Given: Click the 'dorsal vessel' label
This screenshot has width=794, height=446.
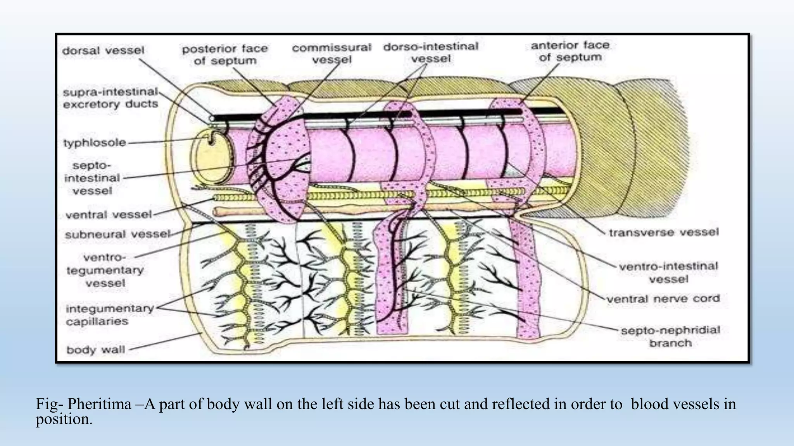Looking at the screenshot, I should pos(103,51).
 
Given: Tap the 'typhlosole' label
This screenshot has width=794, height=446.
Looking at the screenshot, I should pos(95,143).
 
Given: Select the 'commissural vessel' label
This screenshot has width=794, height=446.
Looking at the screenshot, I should pos(331,53).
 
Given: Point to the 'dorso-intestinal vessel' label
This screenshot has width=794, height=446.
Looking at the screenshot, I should pos(431,53).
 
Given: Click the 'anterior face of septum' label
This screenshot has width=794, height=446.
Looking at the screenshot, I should pos(570,51).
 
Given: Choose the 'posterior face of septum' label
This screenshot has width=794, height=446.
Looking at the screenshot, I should pos(225,55).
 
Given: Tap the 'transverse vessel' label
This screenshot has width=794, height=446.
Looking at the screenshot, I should pos(663,233).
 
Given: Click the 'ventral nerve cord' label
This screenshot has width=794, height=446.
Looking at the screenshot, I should pos(663,299).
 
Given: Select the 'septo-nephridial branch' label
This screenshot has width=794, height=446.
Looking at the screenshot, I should pos(670,336).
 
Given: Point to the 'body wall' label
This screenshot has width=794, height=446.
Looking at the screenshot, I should pos(95,350).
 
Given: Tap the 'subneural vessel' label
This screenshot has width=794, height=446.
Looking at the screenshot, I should pos(117,235).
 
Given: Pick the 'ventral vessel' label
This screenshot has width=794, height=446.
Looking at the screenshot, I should pos(109,215).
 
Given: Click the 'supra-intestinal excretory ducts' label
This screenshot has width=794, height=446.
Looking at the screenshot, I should pos(110,98).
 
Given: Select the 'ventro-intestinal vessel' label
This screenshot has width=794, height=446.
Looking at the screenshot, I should pos(668,273).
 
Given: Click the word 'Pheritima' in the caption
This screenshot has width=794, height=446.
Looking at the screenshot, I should pos(99,405).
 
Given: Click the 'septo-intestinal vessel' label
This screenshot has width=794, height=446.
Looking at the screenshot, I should pos(92,178).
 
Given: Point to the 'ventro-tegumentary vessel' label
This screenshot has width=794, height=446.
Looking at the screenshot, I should pos(105,270).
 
